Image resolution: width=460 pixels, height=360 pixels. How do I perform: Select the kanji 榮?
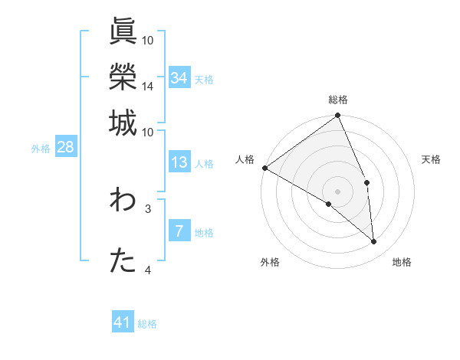click(123, 77)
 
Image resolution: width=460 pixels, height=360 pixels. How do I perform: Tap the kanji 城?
click(123, 123)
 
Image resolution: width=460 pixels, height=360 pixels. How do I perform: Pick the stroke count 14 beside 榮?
click(148, 86)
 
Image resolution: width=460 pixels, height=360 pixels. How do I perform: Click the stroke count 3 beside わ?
click(148, 208)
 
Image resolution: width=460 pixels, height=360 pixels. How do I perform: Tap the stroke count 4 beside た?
click(148, 270)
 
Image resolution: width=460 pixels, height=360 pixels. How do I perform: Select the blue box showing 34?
click(179, 77)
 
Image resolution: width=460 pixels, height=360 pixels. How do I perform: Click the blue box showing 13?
click(179, 162)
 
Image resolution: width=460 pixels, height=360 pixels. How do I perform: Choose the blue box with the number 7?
click(179, 231)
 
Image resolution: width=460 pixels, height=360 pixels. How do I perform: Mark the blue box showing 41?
click(123, 322)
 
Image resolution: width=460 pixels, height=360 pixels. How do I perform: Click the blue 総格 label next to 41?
click(147, 324)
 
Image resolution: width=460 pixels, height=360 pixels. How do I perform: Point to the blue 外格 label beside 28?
click(41, 149)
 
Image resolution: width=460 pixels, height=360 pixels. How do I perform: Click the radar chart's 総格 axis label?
click(338, 100)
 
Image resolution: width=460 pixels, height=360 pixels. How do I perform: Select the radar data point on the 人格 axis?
click(264, 168)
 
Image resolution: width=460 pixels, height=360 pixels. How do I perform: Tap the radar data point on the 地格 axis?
click(374, 242)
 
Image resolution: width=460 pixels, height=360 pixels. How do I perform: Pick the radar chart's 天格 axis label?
click(432, 159)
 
